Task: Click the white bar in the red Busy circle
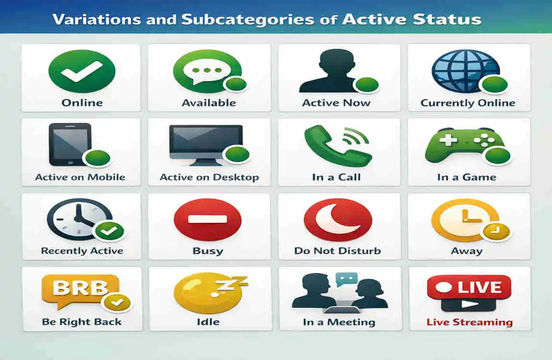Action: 207,219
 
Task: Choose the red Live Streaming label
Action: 469,323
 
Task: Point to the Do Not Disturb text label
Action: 337,251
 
